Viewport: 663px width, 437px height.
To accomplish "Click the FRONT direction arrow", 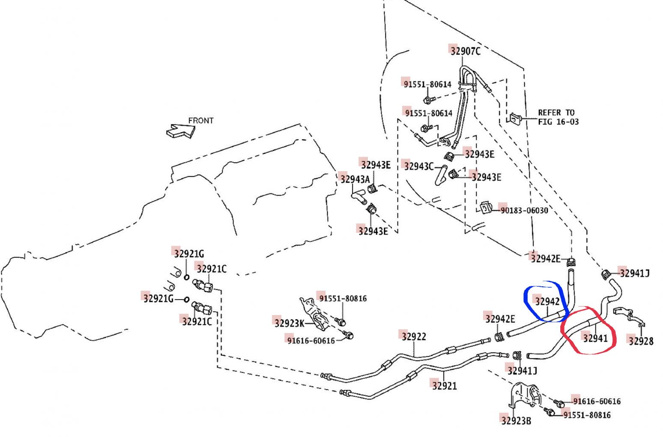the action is (181, 131).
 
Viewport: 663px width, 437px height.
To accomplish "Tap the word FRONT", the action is (201, 121).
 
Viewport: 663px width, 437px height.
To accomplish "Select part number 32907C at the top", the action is (465, 51).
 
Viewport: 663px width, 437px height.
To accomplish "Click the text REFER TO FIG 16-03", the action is (558, 117).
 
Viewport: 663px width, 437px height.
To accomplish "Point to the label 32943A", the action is (355, 179).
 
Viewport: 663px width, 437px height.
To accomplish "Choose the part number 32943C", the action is (418, 166).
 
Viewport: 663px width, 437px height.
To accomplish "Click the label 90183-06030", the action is (524, 210).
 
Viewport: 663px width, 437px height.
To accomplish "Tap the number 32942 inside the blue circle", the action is (547, 301).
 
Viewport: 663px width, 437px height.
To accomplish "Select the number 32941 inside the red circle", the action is (595, 338).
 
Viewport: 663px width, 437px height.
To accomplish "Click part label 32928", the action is (641, 341).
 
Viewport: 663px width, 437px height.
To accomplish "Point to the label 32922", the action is (413, 336).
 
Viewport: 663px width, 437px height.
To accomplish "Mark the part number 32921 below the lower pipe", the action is (444, 386).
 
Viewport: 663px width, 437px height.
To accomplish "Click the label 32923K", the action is (289, 323).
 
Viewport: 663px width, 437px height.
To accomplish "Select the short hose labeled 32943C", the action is (441, 175).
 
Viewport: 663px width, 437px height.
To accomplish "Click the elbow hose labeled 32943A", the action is (359, 197).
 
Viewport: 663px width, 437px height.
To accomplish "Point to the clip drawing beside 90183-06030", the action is (485, 208).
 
